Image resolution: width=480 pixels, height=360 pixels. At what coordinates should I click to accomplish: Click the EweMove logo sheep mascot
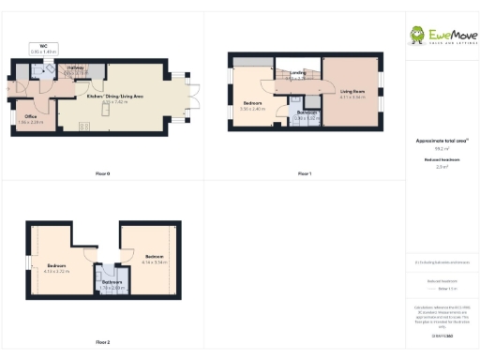[x=417, y=35]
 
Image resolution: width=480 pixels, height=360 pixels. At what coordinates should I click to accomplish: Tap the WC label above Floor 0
[x=43, y=45]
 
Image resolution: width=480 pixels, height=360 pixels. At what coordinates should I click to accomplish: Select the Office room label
[x=29, y=116]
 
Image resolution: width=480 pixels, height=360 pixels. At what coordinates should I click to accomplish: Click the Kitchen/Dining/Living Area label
[x=115, y=96]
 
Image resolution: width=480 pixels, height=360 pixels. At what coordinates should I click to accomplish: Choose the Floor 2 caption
[x=103, y=342]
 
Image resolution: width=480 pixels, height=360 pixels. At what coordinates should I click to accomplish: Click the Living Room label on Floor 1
[x=352, y=91]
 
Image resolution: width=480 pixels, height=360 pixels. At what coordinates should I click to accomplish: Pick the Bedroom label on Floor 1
[x=251, y=103]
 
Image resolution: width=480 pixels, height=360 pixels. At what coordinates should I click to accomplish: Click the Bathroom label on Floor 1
[x=306, y=112]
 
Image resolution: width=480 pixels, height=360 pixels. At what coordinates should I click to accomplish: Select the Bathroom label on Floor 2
[x=112, y=282]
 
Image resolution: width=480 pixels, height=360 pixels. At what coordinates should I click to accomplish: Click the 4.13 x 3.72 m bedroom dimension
[x=57, y=271]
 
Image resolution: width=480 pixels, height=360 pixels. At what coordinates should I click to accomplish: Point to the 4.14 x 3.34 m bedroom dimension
[x=154, y=262]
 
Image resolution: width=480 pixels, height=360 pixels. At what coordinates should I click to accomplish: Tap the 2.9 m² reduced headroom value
[x=442, y=167]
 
